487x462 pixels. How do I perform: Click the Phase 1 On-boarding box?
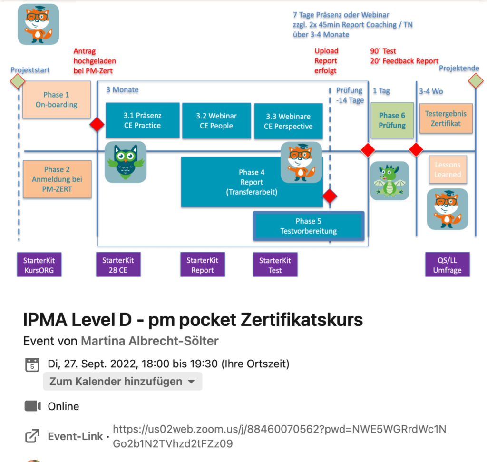click(57, 100)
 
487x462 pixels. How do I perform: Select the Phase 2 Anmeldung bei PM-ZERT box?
click(57, 179)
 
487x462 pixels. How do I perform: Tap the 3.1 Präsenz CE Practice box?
click(142, 120)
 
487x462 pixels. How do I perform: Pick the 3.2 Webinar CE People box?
click(216, 121)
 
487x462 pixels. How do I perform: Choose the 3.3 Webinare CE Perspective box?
click(288, 121)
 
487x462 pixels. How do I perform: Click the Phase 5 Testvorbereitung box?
click(309, 226)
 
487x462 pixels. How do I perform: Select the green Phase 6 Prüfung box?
click(392, 120)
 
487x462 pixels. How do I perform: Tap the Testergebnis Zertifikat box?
click(446, 118)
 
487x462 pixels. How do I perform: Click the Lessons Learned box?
click(447, 170)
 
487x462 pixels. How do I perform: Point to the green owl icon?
click(126, 162)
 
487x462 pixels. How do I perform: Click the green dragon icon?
click(390, 181)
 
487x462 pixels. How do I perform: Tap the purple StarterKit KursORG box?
click(39, 265)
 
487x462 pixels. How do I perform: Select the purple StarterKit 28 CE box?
click(118, 265)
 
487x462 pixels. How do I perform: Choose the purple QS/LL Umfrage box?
click(447, 265)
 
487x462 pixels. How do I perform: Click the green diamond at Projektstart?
click(18, 81)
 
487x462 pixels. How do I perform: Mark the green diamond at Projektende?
click(475, 81)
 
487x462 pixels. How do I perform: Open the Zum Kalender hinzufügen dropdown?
click(123, 381)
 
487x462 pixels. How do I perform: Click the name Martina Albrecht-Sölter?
click(150, 341)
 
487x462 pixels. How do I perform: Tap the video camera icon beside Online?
click(32, 406)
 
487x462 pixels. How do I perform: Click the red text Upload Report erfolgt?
click(326, 61)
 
